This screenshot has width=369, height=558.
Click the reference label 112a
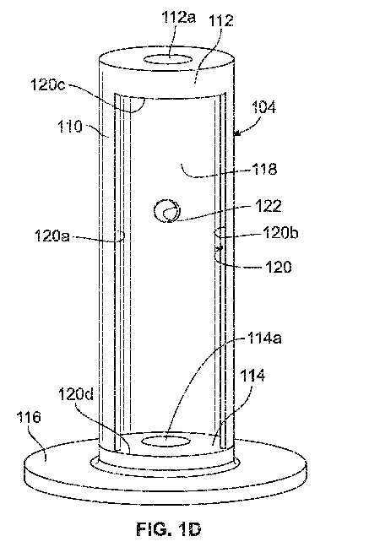[x=178, y=17]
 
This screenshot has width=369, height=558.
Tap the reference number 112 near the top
[x=221, y=20]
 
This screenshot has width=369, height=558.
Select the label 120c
[x=47, y=84]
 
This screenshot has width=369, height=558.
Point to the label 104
[x=263, y=106]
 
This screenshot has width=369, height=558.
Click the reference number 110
[x=70, y=127]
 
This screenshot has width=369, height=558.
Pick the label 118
[x=264, y=169]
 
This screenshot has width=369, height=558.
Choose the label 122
[x=269, y=206]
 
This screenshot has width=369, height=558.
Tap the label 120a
[x=52, y=236]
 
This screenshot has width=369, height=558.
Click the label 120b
[x=280, y=232]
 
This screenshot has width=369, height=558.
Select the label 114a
[x=264, y=338]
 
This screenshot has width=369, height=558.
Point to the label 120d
[x=76, y=394]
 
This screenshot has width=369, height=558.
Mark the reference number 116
[x=29, y=417]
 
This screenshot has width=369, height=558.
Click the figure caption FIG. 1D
[x=169, y=529]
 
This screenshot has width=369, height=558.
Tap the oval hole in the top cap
[x=167, y=59]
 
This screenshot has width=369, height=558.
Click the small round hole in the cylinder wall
[x=167, y=211]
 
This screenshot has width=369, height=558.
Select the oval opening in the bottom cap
[x=166, y=442]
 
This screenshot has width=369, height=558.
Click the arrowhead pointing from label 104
[x=236, y=133]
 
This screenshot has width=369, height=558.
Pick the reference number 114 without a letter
[x=252, y=376]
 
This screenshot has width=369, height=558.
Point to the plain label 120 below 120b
[x=279, y=267]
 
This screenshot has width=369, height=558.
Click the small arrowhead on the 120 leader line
[x=220, y=247]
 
